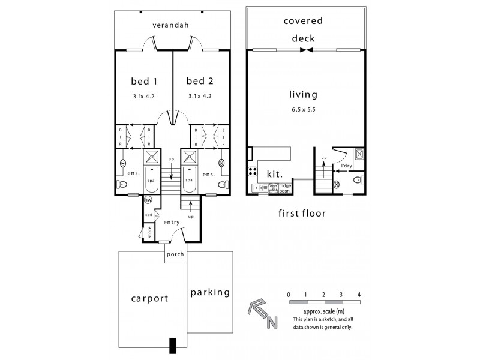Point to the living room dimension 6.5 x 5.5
[303, 110]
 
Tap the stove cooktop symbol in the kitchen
[253, 173]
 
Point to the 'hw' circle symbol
[148, 200]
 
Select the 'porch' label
[175, 254]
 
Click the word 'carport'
[149, 298]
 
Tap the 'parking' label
[210, 293]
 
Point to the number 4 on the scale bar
[359, 295]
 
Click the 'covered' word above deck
[303, 21]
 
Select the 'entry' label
[172, 222]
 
